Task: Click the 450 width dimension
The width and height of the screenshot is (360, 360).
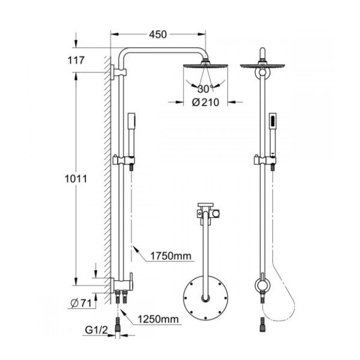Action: [158, 34]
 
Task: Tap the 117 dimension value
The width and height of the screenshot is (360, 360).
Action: [76, 61]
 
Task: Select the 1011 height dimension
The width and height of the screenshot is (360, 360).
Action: [76, 179]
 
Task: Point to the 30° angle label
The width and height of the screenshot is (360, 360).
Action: [205, 89]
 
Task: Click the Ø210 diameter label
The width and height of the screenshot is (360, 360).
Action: [205, 102]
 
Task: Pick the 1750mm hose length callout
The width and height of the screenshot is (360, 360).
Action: [170, 256]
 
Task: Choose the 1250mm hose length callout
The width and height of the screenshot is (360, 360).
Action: [158, 319]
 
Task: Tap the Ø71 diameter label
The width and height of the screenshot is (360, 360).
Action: [81, 304]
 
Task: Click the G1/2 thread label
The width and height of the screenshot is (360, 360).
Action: [96, 330]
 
